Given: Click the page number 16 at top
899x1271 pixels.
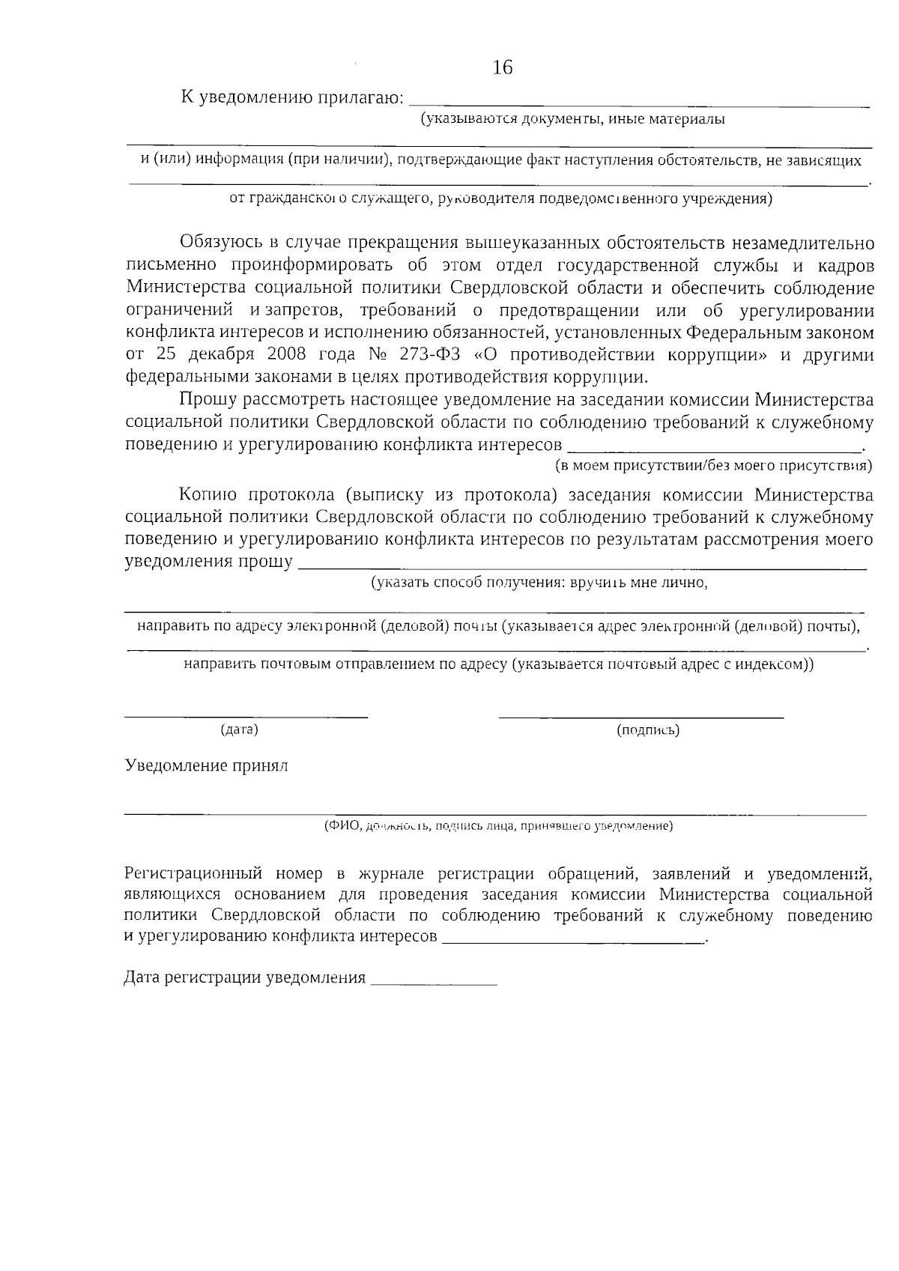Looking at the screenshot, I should pos(503,68).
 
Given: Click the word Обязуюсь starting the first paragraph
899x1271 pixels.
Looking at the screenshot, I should pos(217,243).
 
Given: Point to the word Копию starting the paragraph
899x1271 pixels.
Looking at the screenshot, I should pos(208,495).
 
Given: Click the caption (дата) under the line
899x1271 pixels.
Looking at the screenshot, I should pos(239,729).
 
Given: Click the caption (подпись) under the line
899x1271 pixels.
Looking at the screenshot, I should pos(647,729).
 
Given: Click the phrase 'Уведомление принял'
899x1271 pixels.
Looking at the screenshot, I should pos(206,766).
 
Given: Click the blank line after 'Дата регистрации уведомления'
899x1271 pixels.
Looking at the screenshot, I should pos(434,982).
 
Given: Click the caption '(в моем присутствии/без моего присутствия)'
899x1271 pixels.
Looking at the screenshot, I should pos(712,466).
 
